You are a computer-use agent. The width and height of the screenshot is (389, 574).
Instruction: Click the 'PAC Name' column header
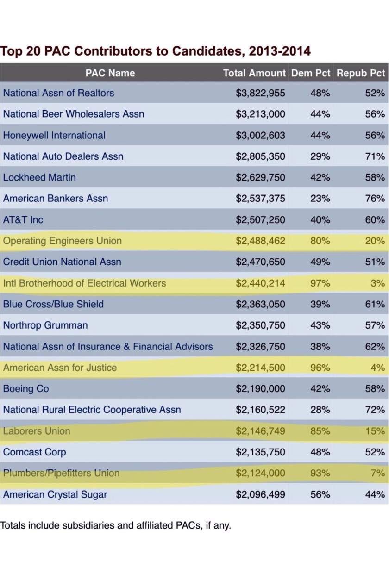(110, 73)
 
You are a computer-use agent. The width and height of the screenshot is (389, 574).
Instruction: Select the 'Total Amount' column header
(254, 73)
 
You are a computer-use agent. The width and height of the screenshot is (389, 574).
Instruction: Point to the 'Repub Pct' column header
(361, 73)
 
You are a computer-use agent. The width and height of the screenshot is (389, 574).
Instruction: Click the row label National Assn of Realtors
(58, 93)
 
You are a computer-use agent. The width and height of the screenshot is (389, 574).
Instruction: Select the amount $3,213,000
(260, 114)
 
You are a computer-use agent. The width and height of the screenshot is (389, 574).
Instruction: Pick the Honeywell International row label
(54, 136)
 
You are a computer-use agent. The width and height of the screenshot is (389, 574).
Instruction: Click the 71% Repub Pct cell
(375, 156)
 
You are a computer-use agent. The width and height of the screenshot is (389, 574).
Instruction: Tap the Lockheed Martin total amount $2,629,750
(260, 178)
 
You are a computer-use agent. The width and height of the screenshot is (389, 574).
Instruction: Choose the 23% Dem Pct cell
(320, 199)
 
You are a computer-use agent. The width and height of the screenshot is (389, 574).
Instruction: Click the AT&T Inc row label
(23, 220)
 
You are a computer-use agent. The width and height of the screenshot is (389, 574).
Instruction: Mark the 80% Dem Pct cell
(320, 241)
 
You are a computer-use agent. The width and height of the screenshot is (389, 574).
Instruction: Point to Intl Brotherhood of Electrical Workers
(84, 283)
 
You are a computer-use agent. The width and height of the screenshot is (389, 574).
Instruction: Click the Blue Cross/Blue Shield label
(53, 305)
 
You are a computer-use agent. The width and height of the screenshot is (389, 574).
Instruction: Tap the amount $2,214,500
(260, 368)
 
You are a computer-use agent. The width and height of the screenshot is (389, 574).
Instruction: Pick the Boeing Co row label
(26, 389)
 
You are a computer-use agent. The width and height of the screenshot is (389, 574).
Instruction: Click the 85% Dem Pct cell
(320, 431)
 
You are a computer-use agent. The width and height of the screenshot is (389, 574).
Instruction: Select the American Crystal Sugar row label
(55, 495)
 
